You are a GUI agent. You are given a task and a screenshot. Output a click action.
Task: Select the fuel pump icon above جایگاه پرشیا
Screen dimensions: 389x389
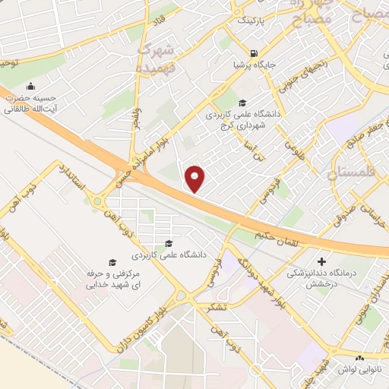[x=253, y=53]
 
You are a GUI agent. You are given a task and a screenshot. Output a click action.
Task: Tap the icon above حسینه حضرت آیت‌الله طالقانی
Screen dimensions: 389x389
[x=30, y=86]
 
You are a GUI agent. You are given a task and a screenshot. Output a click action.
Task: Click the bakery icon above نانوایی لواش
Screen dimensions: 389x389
[x=360, y=357]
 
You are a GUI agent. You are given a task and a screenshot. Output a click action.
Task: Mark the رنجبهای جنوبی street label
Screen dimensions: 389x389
[x=293, y=78]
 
